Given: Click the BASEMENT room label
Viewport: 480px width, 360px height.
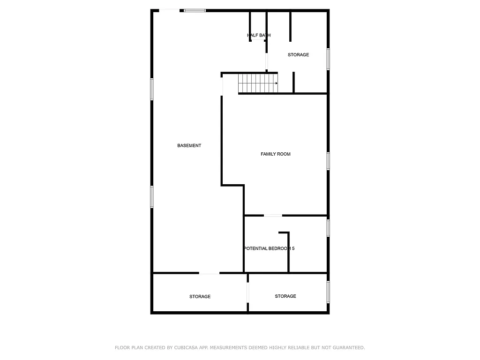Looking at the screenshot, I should point(189,146).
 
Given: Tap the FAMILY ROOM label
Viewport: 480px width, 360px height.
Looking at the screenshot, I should point(276,154).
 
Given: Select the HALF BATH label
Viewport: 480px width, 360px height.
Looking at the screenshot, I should point(259,35).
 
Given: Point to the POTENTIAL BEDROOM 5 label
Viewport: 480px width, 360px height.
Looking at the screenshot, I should point(269,248).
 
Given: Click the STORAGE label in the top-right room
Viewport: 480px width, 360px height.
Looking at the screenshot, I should point(298,55).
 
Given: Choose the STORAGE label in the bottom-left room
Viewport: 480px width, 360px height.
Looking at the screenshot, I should point(200,297).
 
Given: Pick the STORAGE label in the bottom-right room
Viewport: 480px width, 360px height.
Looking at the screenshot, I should point(285,296).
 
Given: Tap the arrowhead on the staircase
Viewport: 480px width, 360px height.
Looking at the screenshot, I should point(277,83).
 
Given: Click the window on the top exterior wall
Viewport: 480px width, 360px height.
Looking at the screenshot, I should point(195,10).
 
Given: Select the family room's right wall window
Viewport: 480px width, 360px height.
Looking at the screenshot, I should point(328,160).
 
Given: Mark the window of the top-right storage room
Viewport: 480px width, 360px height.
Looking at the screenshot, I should point(328,59).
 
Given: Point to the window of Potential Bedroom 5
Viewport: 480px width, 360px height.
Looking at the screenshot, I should point(328,228).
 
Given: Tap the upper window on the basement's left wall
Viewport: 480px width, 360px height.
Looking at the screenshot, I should point(152,89).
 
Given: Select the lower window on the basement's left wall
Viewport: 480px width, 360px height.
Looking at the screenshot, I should point(152,196).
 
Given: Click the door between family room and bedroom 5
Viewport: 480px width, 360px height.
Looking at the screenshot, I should point(273,216).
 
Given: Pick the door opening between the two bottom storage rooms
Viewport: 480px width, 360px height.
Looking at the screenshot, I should point(247,292).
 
